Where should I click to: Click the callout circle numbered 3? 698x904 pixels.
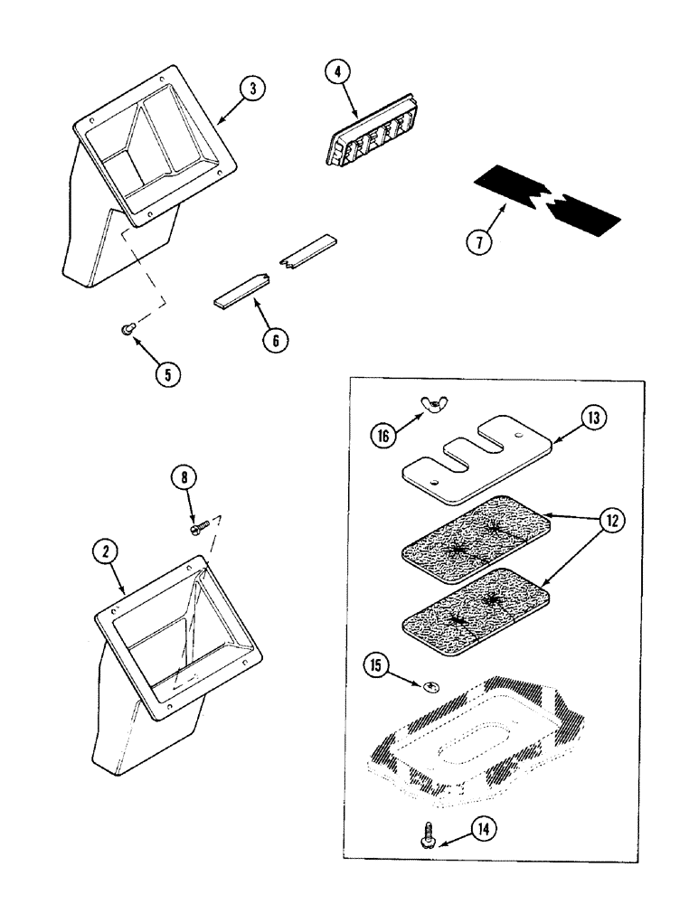tap(253, 89)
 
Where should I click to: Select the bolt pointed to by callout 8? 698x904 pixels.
tap(198, 523)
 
